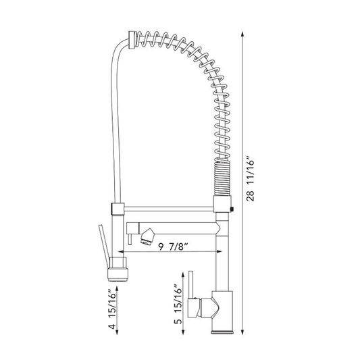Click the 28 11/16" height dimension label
[251, 179]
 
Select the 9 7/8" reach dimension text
[174, 247]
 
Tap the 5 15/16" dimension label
[178, 305]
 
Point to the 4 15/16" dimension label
[113, 309]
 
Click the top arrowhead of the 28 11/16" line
[242, 34]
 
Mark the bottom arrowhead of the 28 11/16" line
[242, 332]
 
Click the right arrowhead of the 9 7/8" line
[220, 252]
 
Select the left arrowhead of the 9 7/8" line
[121, 252]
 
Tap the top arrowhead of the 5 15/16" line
[183, 276]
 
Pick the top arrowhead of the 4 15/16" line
[117, 289]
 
